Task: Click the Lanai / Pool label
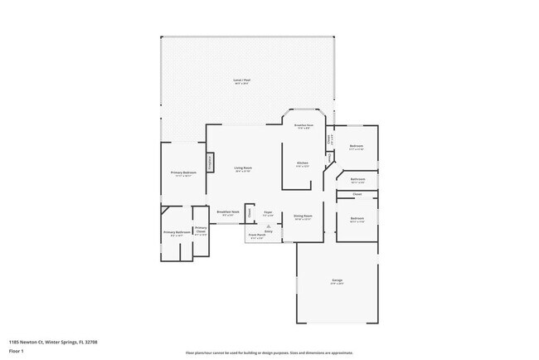[x=242, y=81]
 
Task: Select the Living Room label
[x=243, y=168]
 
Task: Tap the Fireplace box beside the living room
[x=210, y=163]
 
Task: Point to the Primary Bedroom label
[x=182, y=173]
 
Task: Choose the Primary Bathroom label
[x=176, y=233]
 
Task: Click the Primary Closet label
[x=201, y=231]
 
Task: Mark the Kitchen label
[x=303, y=163]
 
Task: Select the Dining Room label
[x=302, y=217]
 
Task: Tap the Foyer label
[x=268, y=213]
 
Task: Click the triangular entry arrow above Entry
[x=268, y=225]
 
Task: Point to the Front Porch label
[x=256, y=236]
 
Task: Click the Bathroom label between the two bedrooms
[x=357, y=180]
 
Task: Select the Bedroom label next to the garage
[x=357, y=219]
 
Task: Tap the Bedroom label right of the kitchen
[x=357, y=147]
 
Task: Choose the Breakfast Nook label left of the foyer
[x=228, y=213]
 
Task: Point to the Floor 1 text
[x=17, y=351]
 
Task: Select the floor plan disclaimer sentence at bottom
[x=269, y=352]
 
